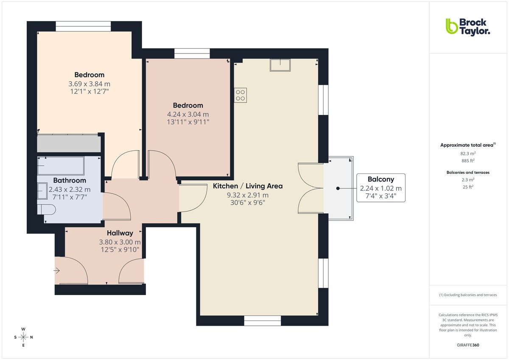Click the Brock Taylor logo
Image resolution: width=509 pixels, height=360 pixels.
tap(467, 26)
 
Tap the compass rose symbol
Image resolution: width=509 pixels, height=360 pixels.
tap(23, 337)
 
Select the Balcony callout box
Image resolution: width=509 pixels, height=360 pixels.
tap(380, 188)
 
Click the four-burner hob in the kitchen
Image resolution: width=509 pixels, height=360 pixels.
tap(240, 95)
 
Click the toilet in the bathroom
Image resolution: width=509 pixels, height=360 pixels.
tap(46, 209)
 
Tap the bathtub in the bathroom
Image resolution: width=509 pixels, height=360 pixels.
tap(61, 165)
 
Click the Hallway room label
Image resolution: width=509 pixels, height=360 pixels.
tap(120, 233)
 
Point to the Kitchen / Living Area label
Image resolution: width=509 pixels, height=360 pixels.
tap(247, 186)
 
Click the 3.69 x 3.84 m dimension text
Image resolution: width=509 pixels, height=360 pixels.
tap(89, 84)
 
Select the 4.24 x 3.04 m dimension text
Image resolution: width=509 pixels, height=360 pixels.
tap(188, 114)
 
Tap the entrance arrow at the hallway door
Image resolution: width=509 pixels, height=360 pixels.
tap(57, 270)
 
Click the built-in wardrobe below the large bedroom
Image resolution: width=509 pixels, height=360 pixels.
tap(69, 144)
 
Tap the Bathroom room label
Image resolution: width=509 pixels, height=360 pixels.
tap(70, 181)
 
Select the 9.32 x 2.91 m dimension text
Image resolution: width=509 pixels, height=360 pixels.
tap(247, 195)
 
